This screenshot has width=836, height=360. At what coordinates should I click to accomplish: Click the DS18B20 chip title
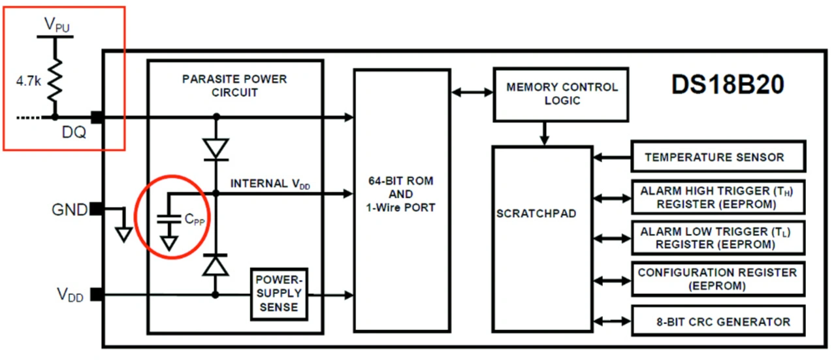tap(728, 86)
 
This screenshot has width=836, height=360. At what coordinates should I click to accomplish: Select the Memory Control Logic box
tap(561, 94)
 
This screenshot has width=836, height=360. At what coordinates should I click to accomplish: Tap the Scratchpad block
tap(542, 214)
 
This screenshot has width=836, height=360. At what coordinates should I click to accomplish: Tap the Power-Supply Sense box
tap(279, 294)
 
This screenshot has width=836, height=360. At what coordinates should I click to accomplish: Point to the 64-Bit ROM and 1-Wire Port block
tap(401, 199)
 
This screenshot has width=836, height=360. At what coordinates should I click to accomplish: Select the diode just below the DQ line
tap(216, 148)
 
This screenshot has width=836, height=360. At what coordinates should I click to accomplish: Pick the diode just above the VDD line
tap(216, 265)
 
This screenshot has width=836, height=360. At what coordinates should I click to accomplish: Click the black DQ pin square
tap(97, 118)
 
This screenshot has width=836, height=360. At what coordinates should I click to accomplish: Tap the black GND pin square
tap(96, 209)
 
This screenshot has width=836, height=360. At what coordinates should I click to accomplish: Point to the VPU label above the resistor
tap(56, 25)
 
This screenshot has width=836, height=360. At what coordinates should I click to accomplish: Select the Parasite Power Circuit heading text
tap(234, 86)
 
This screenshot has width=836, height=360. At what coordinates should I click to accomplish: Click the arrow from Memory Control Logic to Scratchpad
tap(543, 133)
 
